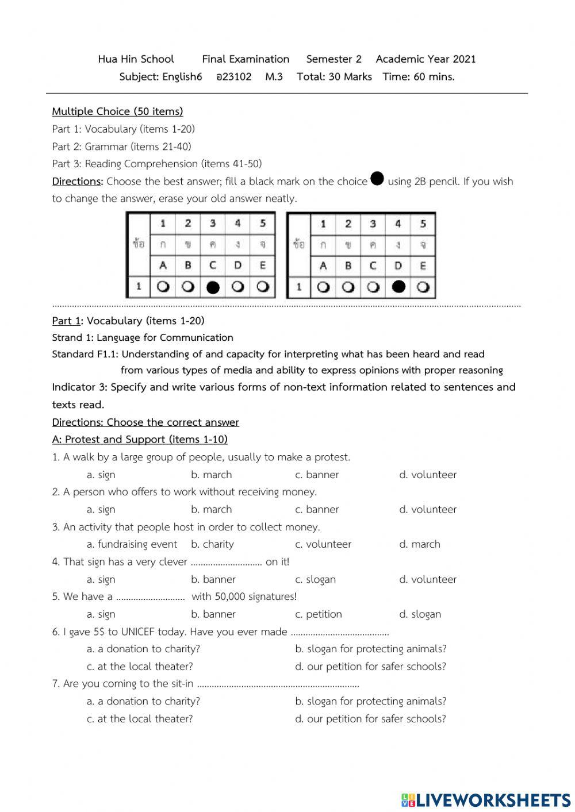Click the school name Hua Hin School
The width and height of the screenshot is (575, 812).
click(136, 59)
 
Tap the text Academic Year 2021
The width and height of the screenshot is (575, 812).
click(425, 59)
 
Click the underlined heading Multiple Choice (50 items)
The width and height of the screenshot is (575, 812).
click(117, 111)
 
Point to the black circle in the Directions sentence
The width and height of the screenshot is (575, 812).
click(377, 179)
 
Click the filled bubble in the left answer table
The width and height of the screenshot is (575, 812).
click(213, 287)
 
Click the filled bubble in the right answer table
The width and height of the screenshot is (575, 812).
click(398, 287)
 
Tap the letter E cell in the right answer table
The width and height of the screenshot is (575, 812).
click(423, 265)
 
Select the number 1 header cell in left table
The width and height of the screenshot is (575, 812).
click(163, 224)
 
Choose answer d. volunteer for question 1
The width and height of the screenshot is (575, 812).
click(428, 475)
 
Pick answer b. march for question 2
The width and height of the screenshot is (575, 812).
click(211, 509)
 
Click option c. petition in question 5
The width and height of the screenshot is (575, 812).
click(318, 614)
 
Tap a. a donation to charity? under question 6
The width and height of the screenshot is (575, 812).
click(143, 649)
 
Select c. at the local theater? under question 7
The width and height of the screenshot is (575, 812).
click(140, 719)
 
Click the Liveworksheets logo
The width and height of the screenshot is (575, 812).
click(486, 800)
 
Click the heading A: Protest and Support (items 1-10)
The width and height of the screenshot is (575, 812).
click(140, 440)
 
